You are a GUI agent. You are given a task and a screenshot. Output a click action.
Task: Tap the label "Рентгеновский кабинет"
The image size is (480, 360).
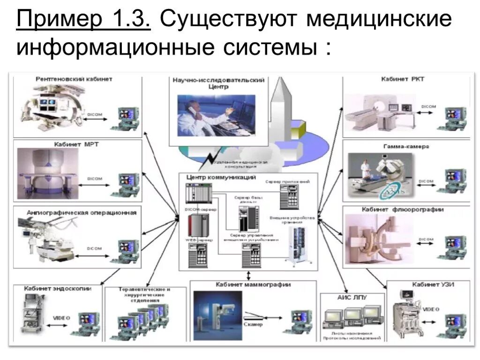tap(74, 79)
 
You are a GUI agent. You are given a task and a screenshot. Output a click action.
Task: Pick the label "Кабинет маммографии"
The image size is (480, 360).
tap(253, 285)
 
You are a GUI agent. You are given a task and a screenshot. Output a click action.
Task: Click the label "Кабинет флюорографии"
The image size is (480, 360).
tap(403, 210)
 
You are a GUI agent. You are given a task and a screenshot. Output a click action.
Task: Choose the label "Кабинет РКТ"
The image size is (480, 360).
tap(403, 79)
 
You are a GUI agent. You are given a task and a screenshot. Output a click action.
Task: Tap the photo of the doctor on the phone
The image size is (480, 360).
tap(217, 115)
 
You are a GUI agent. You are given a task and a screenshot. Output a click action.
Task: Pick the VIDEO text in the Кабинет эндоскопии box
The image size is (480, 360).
tap(61, 318)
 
